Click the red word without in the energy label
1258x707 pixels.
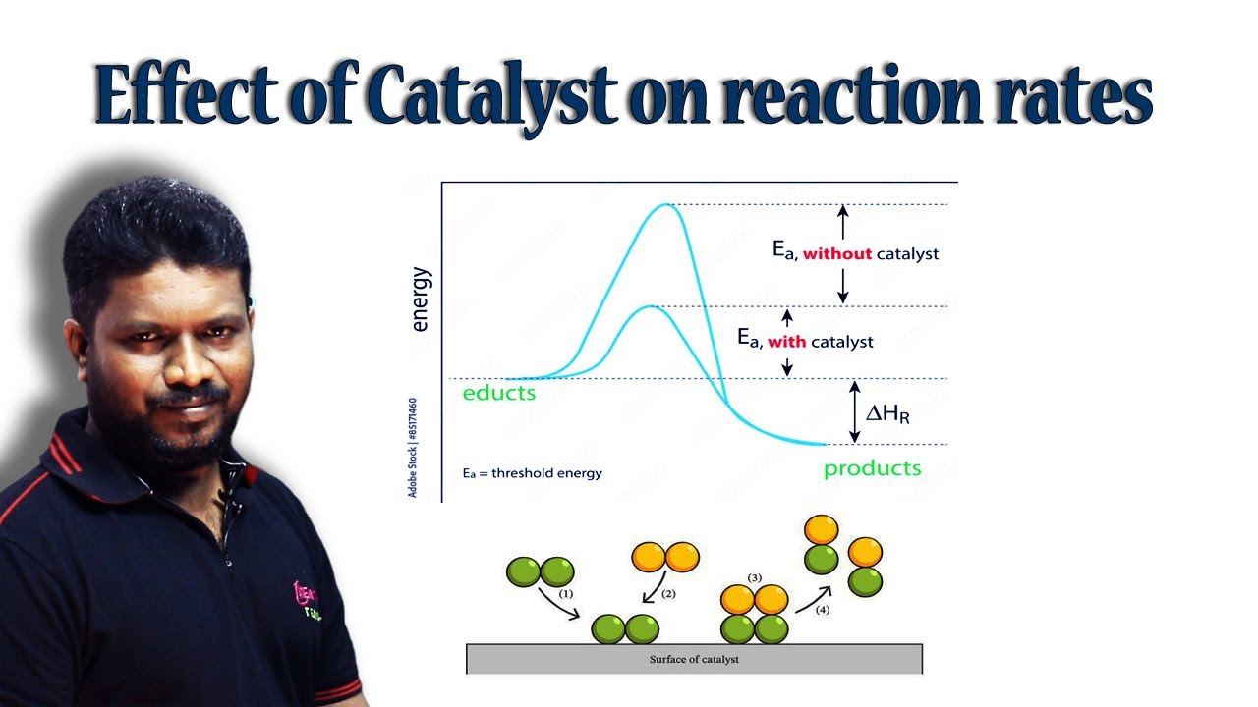pyautogui.click(x=837, y=254)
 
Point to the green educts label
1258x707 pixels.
pyautogui.click(x=499, y=393)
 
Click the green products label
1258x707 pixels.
pyautogui.click(x=873, y=467)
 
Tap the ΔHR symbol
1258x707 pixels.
pyautogui.click(x=887, y=414)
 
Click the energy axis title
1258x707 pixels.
pyautogui.click(x=421, y=299)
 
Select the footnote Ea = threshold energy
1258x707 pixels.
pyautogui.click(x=532, y=473)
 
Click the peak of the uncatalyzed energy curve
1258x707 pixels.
pyautogui.click(x=667, y=204)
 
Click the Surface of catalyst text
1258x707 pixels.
pyautogui.click(x=694, y=659)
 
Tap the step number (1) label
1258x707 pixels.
pyautogui.click(x=566, y=594)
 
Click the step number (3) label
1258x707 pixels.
pyautogui.click(x=755, y=576)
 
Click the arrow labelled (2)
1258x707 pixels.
pyautogui.click(x=651, y=589)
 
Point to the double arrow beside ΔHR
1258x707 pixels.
pyautogui.click(x=854, y=411)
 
